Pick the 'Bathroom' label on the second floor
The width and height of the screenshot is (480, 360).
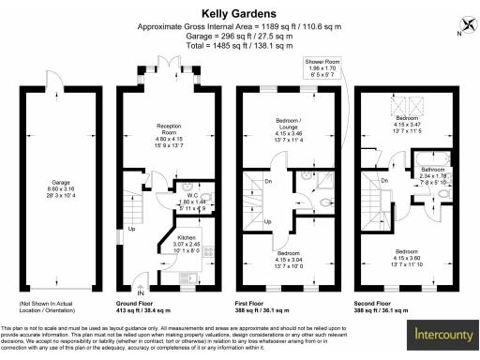click(433, 168)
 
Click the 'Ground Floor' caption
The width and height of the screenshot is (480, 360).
click(135, 304)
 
